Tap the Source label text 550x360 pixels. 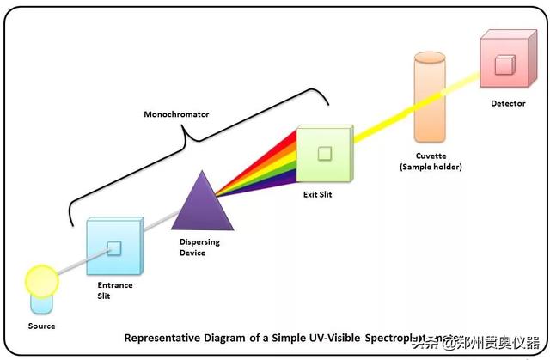click(41, 326)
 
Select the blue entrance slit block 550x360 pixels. click(113, 249)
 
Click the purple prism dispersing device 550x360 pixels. click(203, 204)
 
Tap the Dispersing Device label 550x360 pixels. click(199, 247)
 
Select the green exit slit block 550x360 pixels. click(323, 155)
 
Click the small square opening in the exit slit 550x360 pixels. click(323, 154)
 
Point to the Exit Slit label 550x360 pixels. click(317, 195)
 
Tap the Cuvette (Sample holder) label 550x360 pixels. click(431, 162)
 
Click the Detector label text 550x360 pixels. click(508, 104)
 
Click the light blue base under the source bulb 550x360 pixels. click(41, 304)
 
